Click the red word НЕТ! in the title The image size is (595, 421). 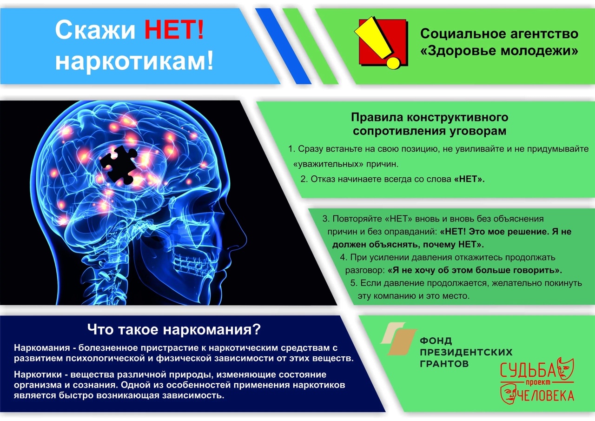coord(174,30)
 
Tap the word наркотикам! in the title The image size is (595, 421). coord(134,60)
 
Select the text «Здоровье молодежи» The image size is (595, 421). coord(499,51)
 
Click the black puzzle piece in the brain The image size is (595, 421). coord(119,165)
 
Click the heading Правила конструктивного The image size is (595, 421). coord(430,117)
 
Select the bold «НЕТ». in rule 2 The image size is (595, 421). coord(469,179)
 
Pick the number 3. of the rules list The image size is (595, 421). coord(326,219)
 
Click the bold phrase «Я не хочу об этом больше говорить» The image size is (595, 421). coord(475,270)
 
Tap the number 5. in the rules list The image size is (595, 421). coord(354,283)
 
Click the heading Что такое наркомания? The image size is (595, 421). coord(174,329)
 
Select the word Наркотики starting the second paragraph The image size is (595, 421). coord(38,374)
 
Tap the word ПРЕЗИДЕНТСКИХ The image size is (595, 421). coord(466,352)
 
